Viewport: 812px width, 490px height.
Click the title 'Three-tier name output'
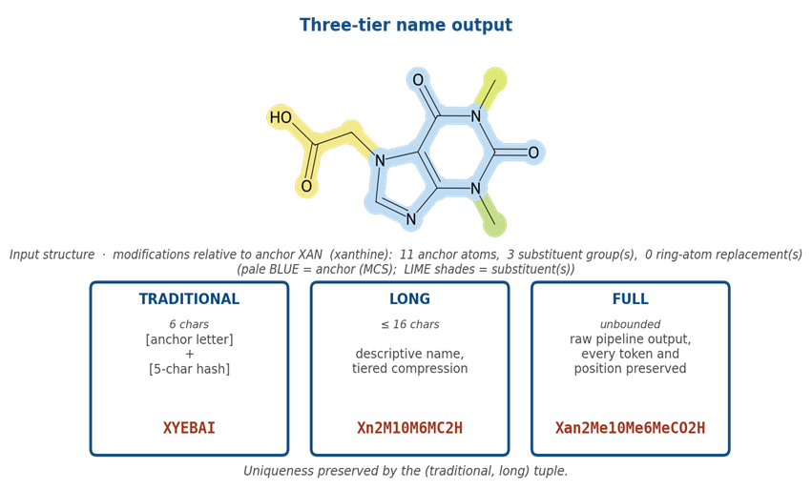click(406, 25)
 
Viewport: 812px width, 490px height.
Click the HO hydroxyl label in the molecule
click(281, 117)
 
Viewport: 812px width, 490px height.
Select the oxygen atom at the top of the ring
click(418, 80)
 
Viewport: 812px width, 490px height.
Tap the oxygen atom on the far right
click(533, 153)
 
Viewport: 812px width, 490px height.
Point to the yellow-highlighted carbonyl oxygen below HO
click(306, 186)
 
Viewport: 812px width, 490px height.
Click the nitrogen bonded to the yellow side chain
click(380, 160)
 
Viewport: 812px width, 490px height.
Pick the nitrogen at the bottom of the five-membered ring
click(411, 219)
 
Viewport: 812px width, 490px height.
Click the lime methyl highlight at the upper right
click(495, 80)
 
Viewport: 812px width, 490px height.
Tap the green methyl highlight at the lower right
click(494, 225)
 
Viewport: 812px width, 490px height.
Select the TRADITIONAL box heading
click(189, 299)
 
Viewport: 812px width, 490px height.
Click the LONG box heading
click(409, 299)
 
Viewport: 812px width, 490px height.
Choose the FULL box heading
click(631, 299)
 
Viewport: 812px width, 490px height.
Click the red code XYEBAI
click(189, 428)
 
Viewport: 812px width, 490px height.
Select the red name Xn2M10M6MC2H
click(409, 428)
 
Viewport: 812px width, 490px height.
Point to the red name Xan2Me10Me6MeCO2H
click(631, 428)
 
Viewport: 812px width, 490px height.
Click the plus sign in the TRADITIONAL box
click(189, 354)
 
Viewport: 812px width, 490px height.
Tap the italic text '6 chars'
click(189, 324)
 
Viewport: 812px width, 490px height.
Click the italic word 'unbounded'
click(631, 324)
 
